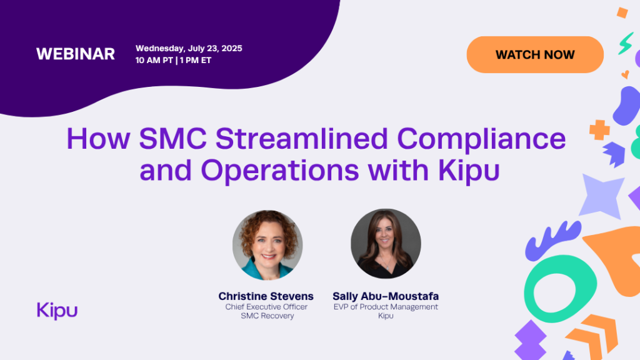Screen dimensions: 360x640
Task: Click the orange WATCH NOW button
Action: (x=535, y=55)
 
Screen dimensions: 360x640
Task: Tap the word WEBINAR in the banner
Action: (x=76, y=54)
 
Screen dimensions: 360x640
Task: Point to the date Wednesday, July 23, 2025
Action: (x=189, y=48)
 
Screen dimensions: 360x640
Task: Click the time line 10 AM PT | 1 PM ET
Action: (x=173, y=61)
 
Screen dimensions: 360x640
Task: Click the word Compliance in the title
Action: (x=483, y=138)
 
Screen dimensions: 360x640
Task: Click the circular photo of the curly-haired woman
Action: (x=267, y=244)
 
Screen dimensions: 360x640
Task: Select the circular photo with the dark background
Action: (x=386, y=243)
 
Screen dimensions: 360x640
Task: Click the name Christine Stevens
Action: (x=266, y=296)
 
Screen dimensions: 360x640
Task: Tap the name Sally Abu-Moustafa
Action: (x=386, y=296)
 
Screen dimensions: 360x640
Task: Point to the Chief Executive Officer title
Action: (x=266, y=307)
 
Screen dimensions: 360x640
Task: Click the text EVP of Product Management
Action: (x=386, y=307)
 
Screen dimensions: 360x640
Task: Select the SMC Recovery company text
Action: (x=266, y=316)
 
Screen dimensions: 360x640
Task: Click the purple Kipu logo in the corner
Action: (x=57, y=310)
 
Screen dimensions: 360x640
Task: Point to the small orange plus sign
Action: (x=599, y=130)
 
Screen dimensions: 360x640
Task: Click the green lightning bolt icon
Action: (x=626, y=43)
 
